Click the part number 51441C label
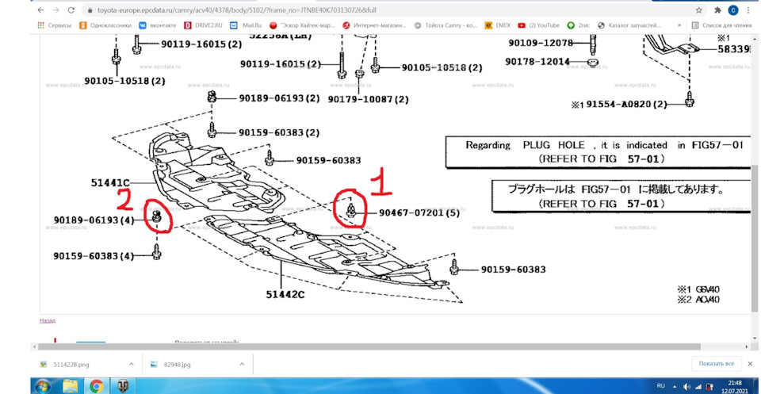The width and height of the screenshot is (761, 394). [110, 183]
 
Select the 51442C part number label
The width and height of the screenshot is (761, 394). [285, 294]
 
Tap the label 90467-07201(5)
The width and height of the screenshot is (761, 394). [418, 212]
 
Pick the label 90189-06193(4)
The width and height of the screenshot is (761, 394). [94, 220]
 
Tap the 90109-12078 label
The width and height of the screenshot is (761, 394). [540, 42]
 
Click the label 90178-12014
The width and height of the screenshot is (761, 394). [540, 61]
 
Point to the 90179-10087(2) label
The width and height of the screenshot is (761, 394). [369, 99]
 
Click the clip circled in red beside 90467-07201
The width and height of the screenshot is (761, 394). [350, 209]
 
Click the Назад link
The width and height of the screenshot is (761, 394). [48, 321]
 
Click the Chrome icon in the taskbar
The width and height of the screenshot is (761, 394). [96, 385]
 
